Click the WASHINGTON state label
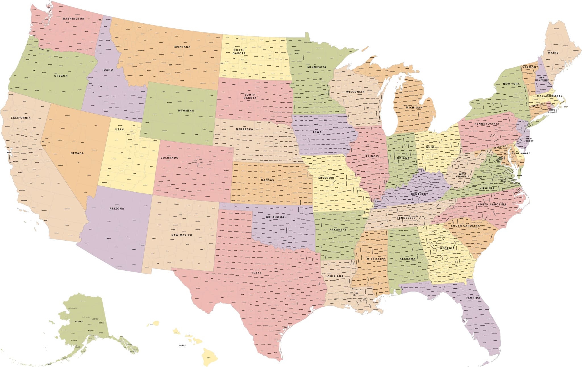(73, 19)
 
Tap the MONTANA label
(182, 47)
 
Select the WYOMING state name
(186, 110)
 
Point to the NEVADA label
(77, 153)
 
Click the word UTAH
(119, 130)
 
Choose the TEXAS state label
(256, 273)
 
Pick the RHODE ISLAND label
(553, 111)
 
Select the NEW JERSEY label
(529, 140)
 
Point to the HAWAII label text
(182, 345)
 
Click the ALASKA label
(79, 321)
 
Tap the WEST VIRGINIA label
(462, 175)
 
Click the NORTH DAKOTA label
(238, 51)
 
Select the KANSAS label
(267, 180)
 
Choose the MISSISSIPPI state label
(376, 259)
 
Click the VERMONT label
(530, 67)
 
